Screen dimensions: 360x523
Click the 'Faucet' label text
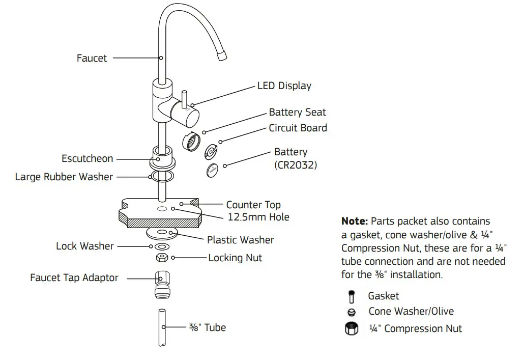tap(92, 58)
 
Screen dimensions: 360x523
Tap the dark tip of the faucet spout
tap(222, 57)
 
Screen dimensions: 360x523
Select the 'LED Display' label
tap(284, 86)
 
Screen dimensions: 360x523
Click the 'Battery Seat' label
tap(297, 112)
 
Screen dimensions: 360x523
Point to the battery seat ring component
tap(192, 142)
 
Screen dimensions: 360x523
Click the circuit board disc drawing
tap(211, 151)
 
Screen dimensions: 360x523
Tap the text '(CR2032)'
tap(296, 165)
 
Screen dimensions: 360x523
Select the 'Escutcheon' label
tap(87, 158)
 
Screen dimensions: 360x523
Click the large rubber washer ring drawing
tap(160, 177)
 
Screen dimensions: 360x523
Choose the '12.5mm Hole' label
tap(258, 217)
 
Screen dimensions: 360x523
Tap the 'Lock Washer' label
tap(85, 246)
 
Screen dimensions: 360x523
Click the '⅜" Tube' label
tap(207, 327)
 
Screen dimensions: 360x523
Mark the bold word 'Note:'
tap(354, 221)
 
